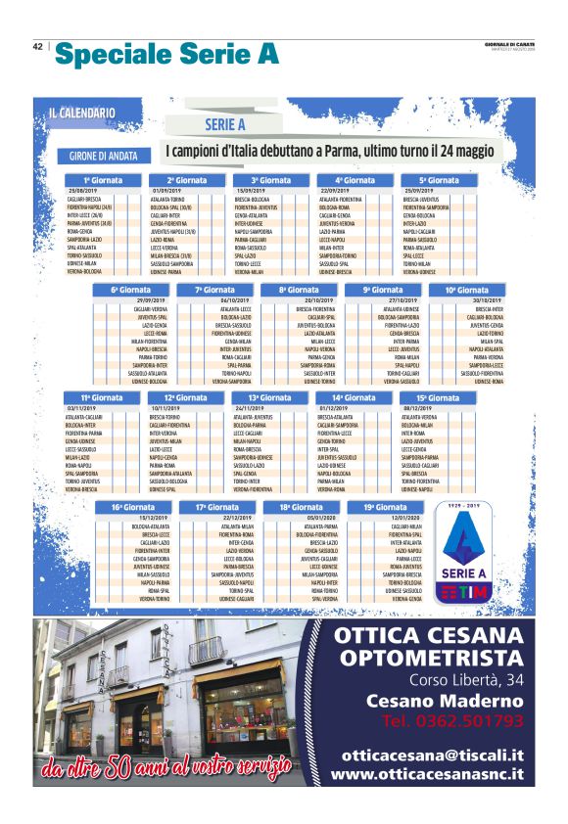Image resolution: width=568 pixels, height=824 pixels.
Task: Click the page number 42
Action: coord(37,46)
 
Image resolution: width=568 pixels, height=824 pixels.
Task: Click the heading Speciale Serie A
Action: coord(166,56)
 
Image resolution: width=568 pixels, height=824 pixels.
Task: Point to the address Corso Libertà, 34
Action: coord(465,680)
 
